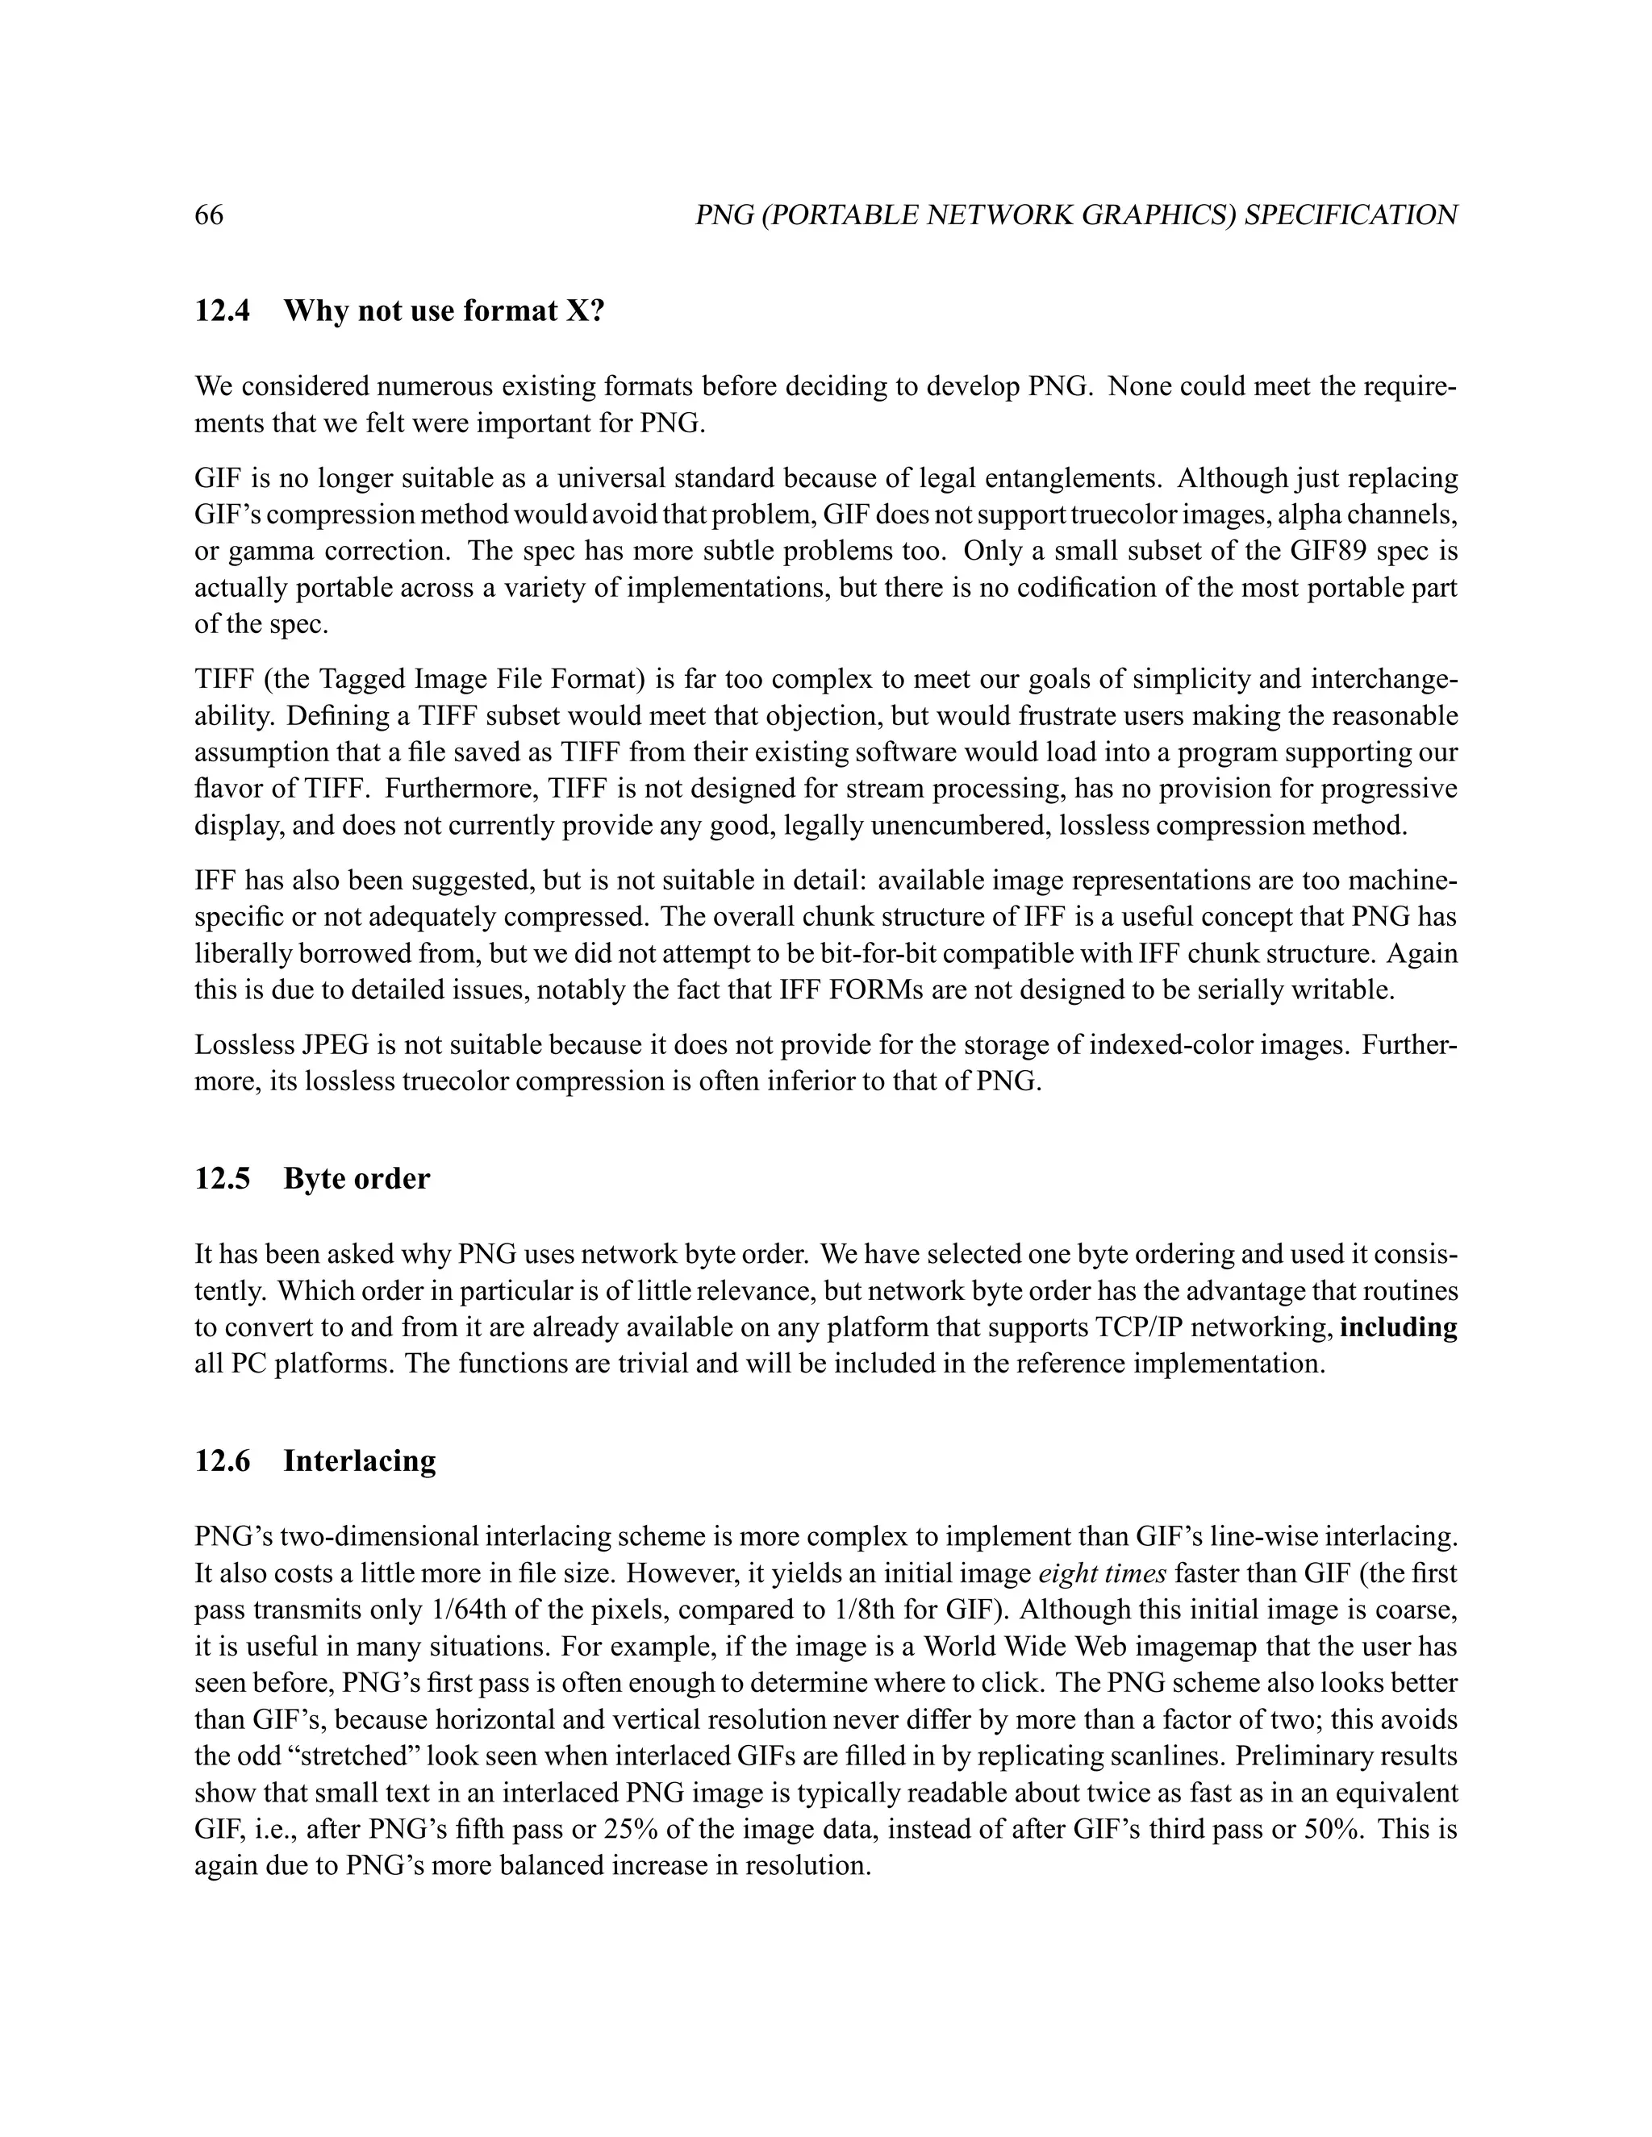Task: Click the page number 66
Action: [x=210, y=215]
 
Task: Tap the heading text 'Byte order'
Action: [x=357, y=1178]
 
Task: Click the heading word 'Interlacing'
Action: [x=359, y=1461]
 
